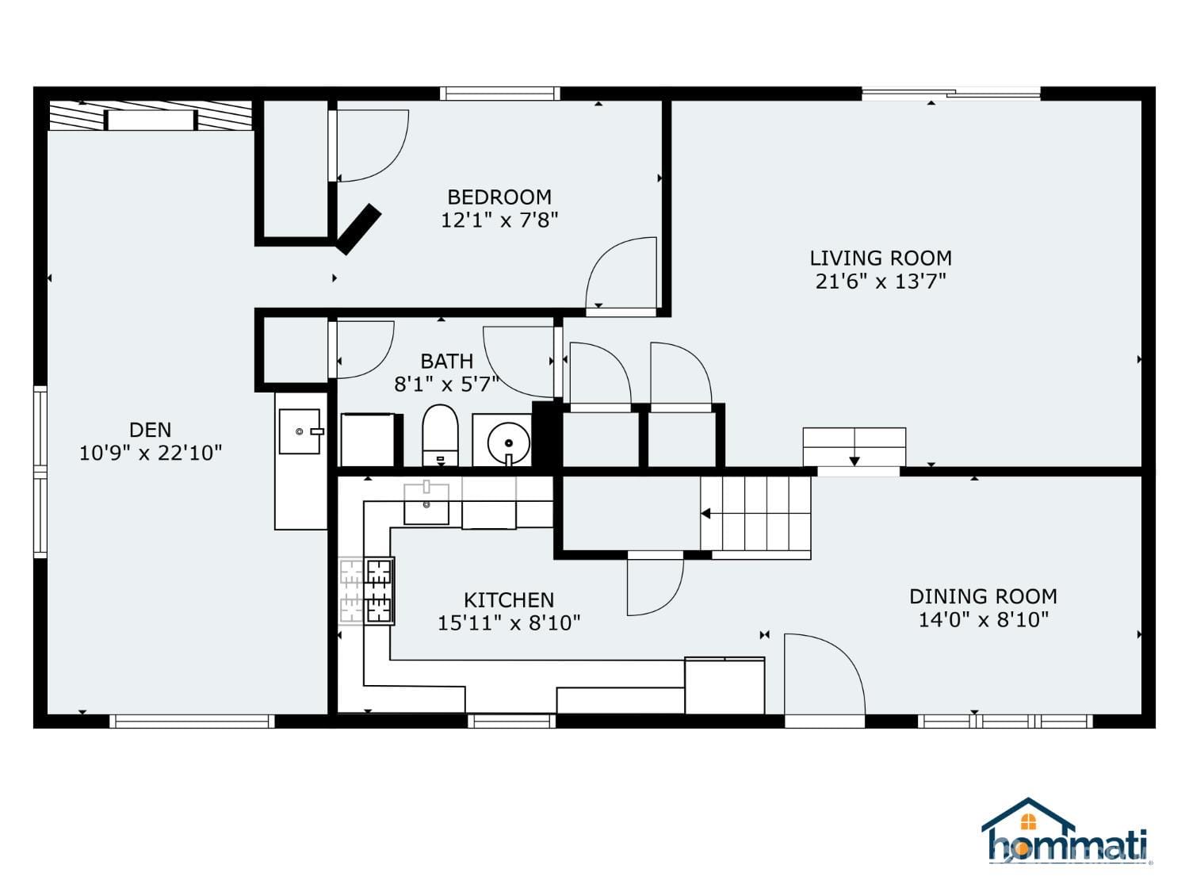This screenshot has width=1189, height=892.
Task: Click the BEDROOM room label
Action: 499,197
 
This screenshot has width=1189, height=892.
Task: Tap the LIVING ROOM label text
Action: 880,258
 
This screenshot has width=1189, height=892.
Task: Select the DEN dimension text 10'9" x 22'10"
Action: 150,453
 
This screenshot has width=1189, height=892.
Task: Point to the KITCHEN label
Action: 508,599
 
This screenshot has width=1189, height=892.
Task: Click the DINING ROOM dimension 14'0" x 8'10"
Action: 983,619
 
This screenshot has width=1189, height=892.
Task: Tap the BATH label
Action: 446,361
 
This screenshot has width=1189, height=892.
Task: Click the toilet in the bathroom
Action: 440,435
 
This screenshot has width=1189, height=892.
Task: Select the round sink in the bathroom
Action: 507,442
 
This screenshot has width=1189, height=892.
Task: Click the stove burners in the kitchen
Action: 378,591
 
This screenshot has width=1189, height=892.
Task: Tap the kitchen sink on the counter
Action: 426,504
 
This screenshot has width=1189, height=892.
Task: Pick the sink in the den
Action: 300,431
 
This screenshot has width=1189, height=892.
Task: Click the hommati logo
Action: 1065,833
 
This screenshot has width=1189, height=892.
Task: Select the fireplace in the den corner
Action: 151,117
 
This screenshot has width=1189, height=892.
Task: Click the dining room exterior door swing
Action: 824,675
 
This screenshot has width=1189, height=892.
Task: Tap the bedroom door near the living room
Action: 621,274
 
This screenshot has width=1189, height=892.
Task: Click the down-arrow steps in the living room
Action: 854,447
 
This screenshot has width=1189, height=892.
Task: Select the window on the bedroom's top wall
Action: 499,94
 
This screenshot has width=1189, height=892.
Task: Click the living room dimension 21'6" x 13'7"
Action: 880,281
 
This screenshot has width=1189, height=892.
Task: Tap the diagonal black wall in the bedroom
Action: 358,229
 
